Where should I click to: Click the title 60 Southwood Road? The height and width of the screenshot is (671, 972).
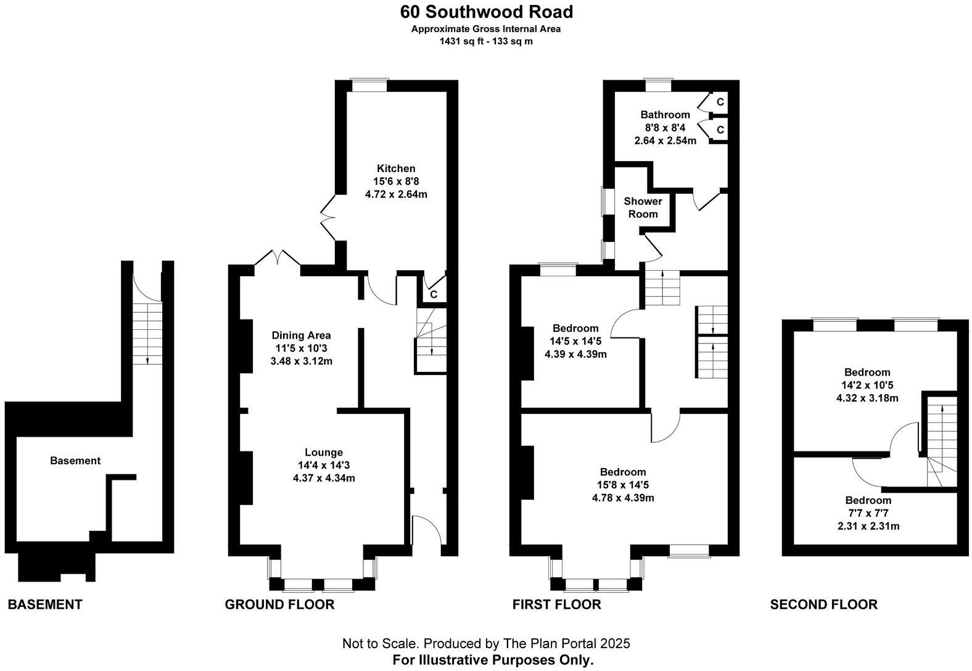click(486, 12)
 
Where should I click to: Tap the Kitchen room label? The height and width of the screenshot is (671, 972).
click(396, 168)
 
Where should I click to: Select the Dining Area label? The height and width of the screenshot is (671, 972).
click(301, 335)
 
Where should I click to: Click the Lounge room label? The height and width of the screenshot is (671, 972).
click(324, 452)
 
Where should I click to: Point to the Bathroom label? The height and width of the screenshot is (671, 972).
click(665, 115)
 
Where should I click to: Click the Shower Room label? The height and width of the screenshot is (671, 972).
click(643, 207)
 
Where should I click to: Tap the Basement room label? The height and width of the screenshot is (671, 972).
click(75, 461)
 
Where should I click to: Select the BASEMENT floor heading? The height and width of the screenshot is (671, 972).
click(45, 604)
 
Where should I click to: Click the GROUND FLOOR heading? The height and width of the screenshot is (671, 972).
click(279, 604)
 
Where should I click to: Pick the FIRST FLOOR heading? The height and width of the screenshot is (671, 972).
click(556, 604)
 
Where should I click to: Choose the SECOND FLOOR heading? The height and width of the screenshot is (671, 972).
click(823, 604)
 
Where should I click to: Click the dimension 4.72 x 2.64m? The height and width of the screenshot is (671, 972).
click(396, 194)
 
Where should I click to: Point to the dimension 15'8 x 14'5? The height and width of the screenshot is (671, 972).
click(623, 485)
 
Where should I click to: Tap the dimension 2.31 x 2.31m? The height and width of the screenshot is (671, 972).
click(868, 526)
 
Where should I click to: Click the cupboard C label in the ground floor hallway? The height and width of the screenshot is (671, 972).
click(434, 295)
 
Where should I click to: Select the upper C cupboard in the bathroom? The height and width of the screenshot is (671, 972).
click(720, 102)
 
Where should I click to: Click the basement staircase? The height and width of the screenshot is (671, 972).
click(147, 333)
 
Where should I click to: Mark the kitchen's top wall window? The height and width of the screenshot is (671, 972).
click(369, 85)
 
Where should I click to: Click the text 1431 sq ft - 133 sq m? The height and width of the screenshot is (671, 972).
click(486, 41)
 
